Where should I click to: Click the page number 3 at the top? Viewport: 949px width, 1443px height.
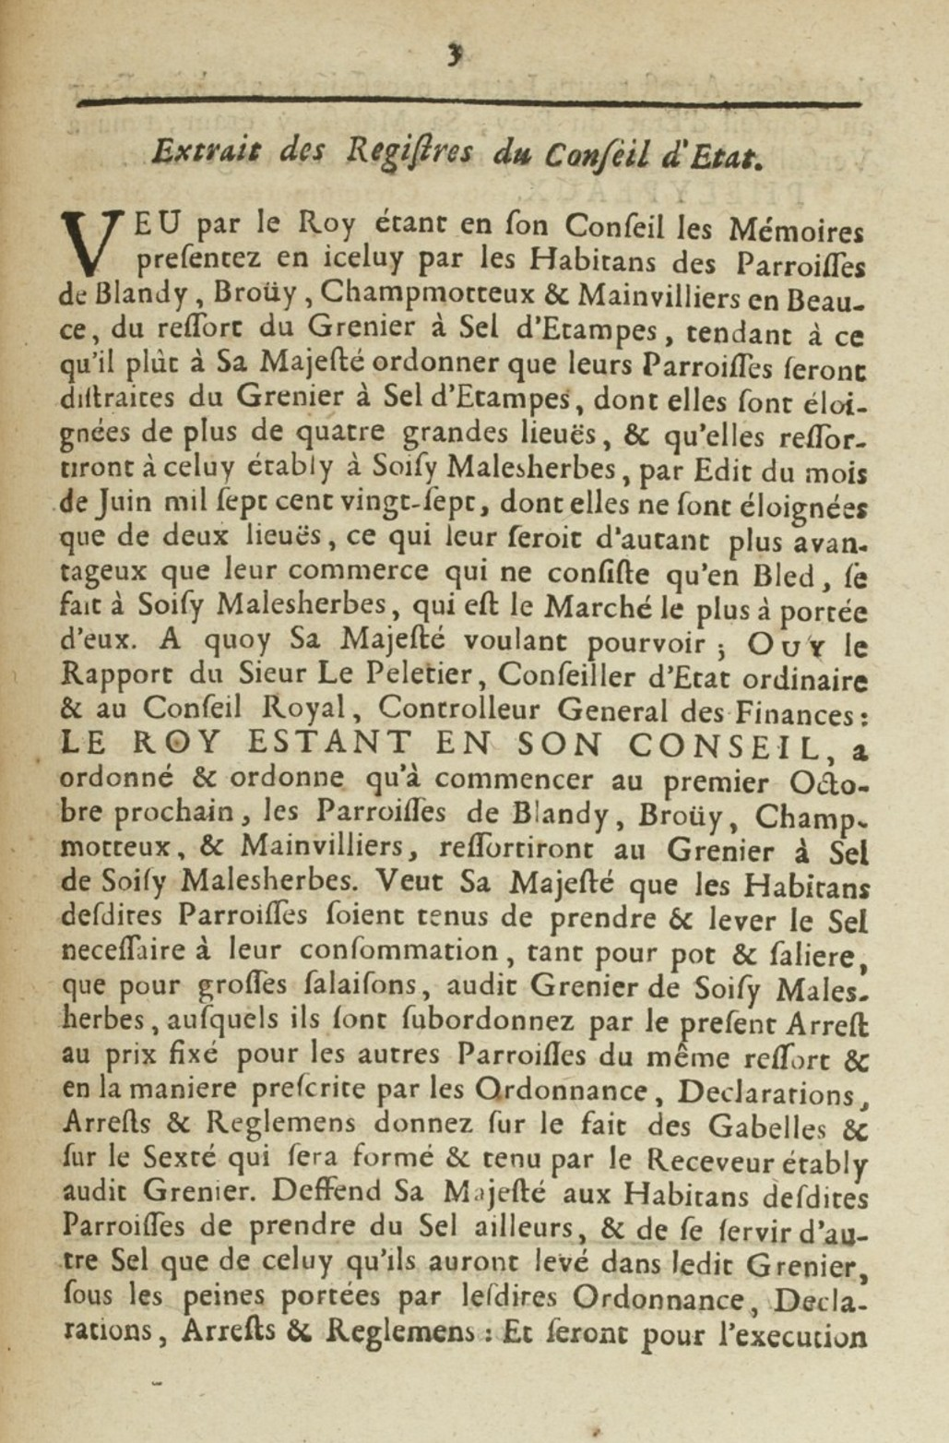[454, 55]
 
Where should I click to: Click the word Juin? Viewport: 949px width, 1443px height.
[124, 503]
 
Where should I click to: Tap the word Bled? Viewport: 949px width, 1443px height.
[782, 576]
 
